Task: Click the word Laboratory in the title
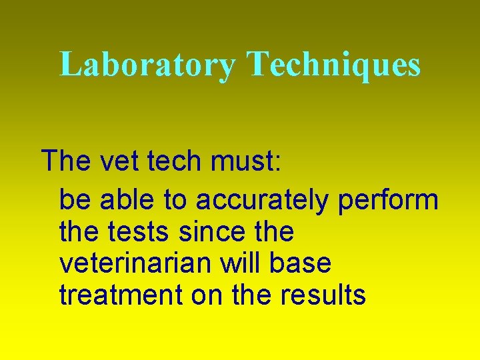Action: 147,65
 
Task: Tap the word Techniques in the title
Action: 334,65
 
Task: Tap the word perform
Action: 388,200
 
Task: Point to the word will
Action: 251,263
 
